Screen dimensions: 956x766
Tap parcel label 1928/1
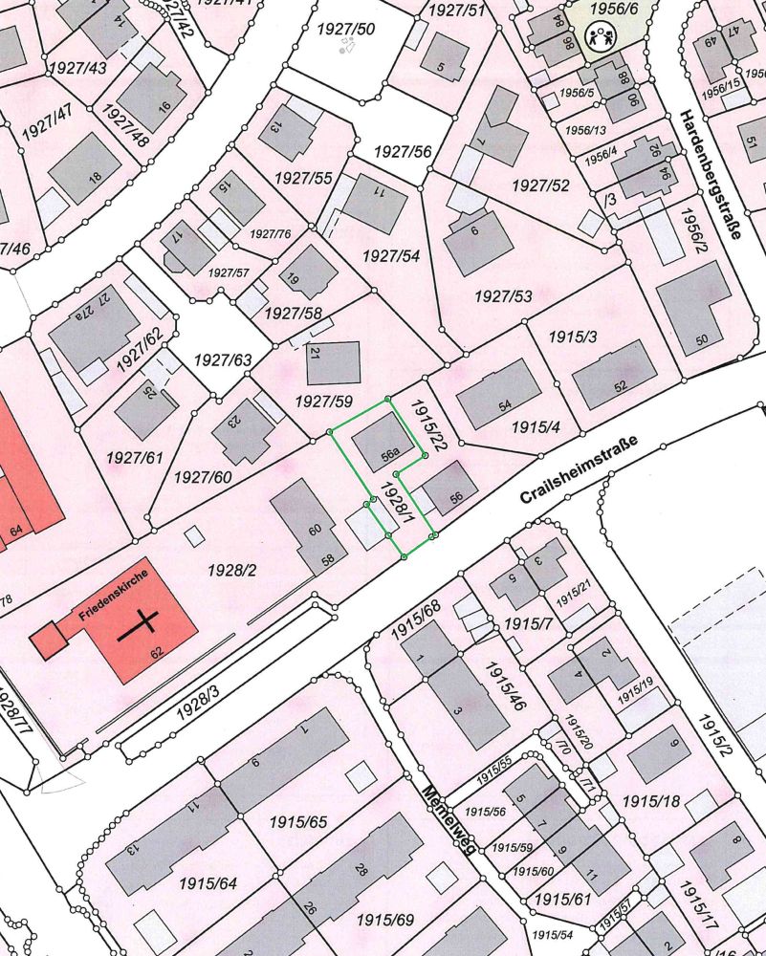coord(396,505)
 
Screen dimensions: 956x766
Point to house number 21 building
coord(333,362)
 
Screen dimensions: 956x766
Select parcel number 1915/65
coord(297,821)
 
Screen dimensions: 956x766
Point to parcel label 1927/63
coord(222,359)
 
